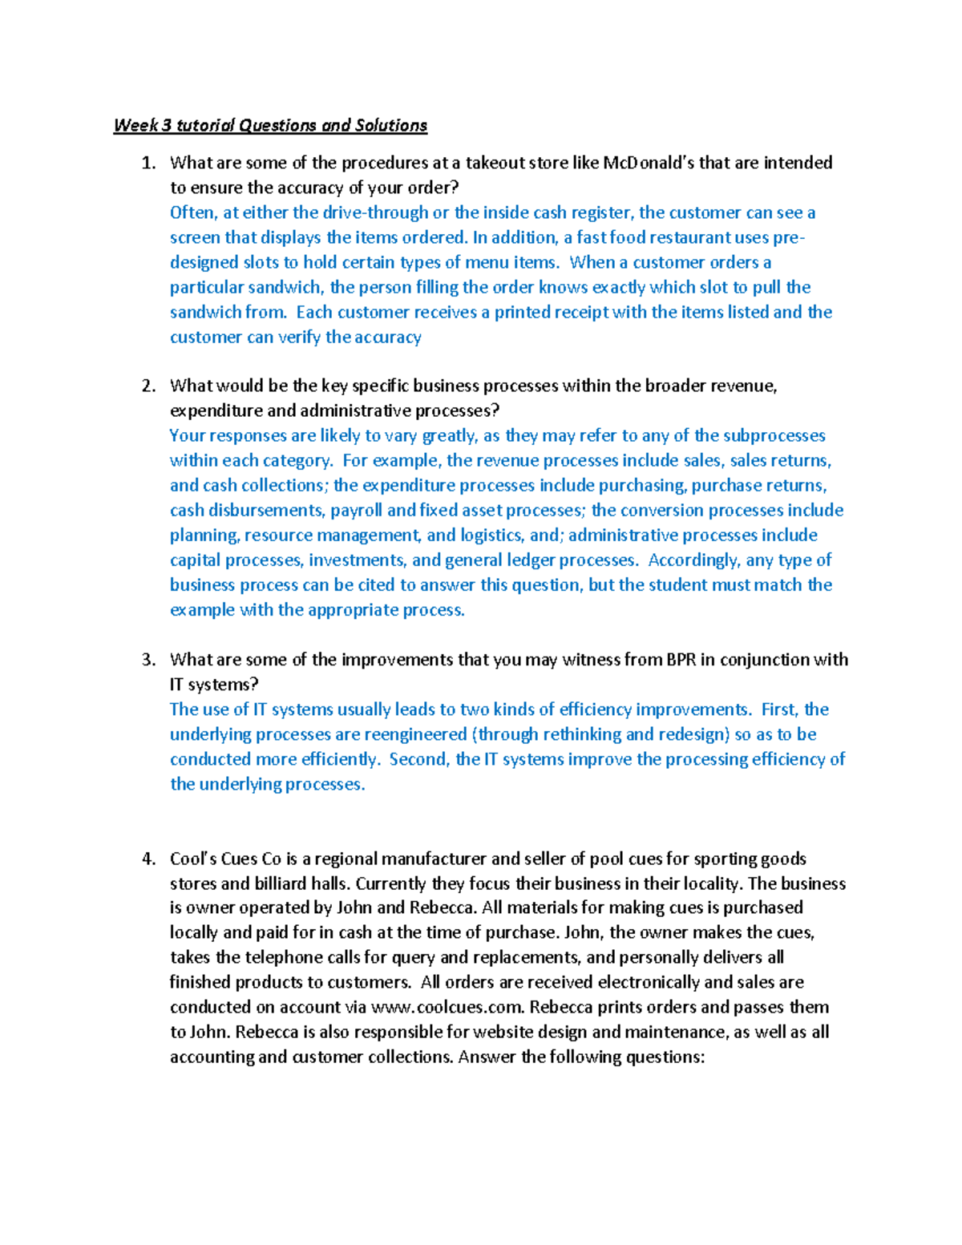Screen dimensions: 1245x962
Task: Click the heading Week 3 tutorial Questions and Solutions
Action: (270, 125)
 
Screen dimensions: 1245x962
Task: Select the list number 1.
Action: (148, 163)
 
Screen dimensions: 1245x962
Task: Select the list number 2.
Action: (148, 386)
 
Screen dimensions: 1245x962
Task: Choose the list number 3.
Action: (148, 660)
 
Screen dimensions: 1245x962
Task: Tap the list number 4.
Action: (148, 859)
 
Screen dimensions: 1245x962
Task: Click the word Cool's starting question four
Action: (192, 859)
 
